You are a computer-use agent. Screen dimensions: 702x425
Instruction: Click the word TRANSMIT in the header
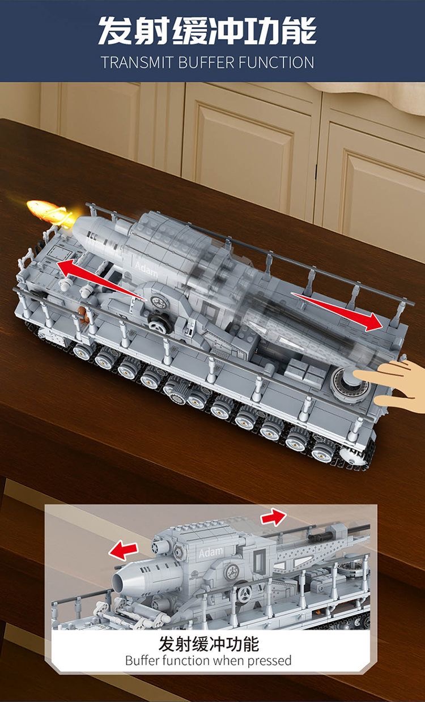[137, 62]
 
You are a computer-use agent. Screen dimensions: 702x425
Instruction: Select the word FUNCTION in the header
[276, 62]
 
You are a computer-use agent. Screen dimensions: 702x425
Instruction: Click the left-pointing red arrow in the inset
[124, 548]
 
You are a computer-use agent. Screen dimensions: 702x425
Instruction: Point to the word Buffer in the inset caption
[143, 660]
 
